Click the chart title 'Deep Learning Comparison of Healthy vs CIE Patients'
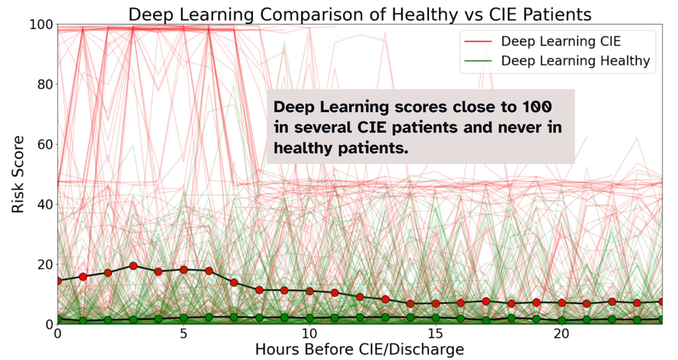click(360, 15)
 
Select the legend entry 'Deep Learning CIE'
click(561, 41)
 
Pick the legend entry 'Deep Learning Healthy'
click(575, 61)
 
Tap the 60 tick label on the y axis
click(45, 145)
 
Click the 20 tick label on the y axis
click(45, 265)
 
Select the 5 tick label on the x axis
click(183, 334)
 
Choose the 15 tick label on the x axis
click(435, 334)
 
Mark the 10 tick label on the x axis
click(309, 334)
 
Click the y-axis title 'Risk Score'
click(18, 174)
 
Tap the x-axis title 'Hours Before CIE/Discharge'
click(360, 349)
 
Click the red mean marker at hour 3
click(133, 266)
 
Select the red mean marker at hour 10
click(309, 291)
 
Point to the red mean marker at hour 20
click(561, 303)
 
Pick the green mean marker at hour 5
click(183, 318)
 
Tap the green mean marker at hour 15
click(435, 318)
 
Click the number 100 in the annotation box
click(537, 107)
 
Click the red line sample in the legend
click(478, 41)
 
